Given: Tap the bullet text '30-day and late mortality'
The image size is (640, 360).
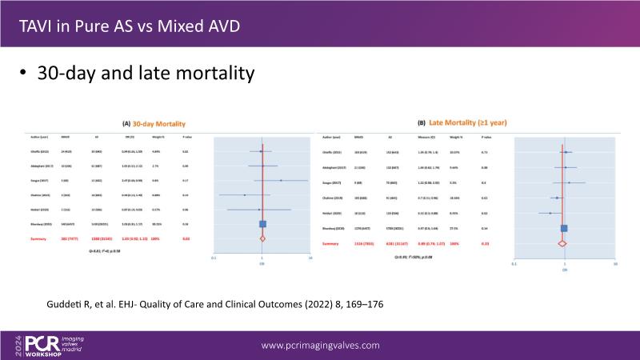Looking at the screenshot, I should point(145,74).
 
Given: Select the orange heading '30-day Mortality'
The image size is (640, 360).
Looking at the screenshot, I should point(159,125).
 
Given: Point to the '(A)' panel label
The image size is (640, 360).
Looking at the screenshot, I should point(126,125).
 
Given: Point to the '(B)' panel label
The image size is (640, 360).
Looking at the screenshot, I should point(422,124).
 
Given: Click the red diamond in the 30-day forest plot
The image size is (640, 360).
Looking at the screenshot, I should point(262,238).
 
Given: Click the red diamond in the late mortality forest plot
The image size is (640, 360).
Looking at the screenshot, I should point(562,242).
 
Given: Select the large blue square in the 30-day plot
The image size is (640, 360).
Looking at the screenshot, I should point(262,225).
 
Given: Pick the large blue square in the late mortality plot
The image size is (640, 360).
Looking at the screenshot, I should point(563,229).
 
